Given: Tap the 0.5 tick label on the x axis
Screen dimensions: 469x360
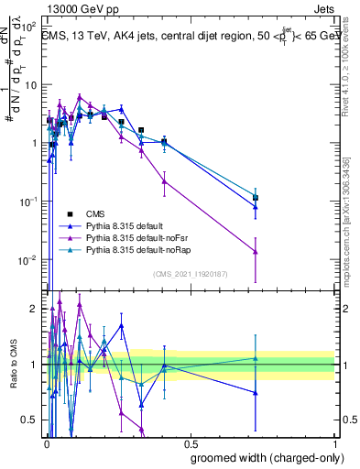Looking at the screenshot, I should pos(191,443).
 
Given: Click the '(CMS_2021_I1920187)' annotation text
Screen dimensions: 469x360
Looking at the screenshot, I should pos(190,274).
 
